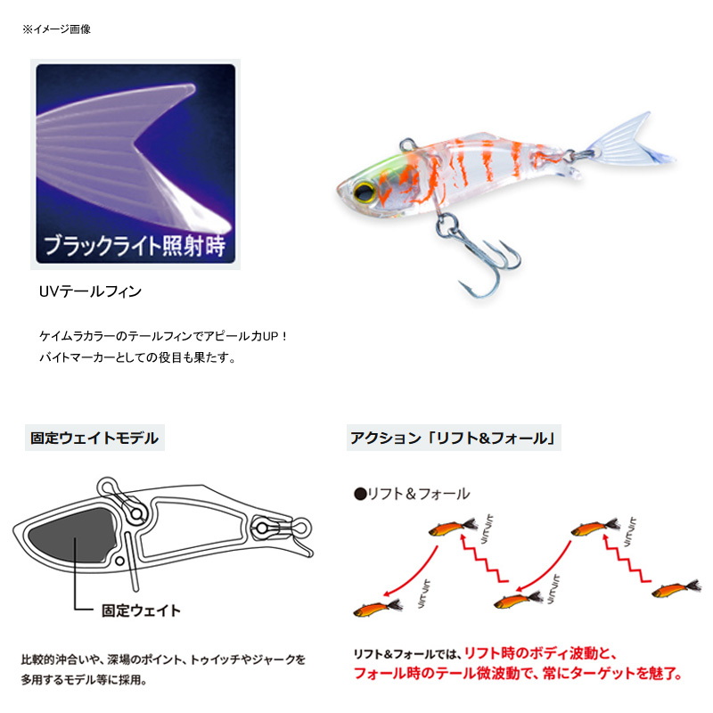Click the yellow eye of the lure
365,193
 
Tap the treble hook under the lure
482,255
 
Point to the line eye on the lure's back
408,145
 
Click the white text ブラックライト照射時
135,246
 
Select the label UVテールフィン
90,291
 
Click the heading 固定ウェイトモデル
94,438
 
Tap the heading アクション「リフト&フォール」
454,438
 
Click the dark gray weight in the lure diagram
73,535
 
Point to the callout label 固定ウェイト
141,611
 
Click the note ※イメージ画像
56,29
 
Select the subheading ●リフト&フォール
412,494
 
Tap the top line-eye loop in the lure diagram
108,488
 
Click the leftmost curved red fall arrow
411,574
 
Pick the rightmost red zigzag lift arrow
627,559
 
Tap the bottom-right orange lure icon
676,589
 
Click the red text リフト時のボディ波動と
540,653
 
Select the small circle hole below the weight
120,561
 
